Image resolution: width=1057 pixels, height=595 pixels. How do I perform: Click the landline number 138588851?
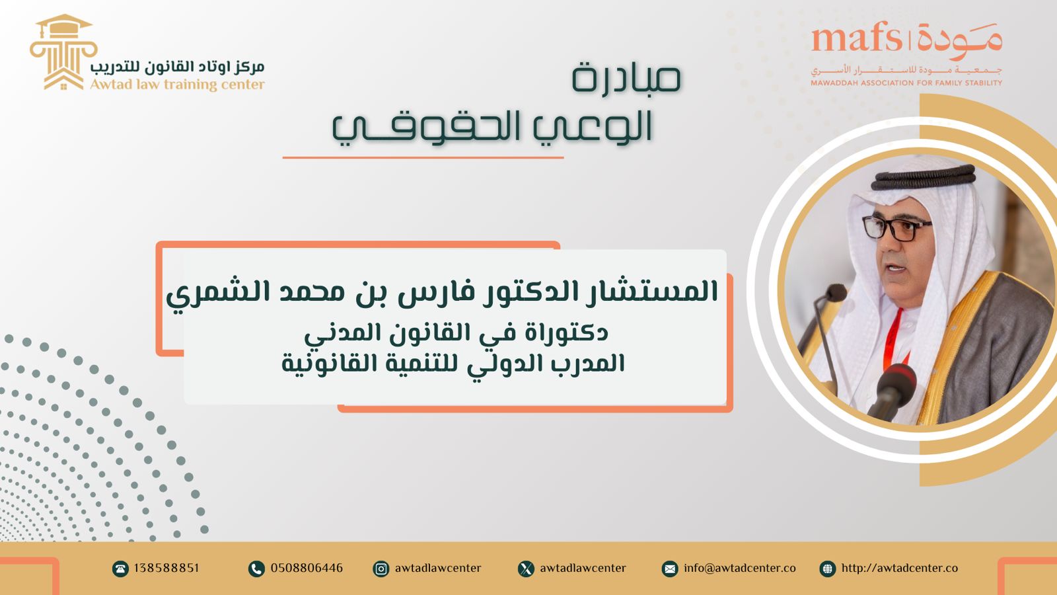[x=166, y=568]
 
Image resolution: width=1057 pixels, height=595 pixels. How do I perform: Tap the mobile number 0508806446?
[x=307, y=568]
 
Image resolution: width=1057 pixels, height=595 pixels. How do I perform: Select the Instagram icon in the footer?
[x=381, y=569]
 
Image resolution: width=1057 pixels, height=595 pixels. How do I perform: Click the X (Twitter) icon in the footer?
[x=526, y=569]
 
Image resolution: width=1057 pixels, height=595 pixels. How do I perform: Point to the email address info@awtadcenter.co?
[x=739, y=568]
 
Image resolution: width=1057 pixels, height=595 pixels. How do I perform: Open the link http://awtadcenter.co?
[x=899, y=568]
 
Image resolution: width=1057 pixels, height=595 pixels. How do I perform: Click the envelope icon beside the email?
[x=670, y=569]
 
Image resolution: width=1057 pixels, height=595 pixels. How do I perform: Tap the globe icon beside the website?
[x=827, y=569]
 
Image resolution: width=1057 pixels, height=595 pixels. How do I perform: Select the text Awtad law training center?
[x=178, y=85]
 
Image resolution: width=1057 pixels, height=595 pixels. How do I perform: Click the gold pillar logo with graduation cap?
[x=63, y=52]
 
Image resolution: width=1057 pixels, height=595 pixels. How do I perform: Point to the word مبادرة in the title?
[x=627, y=77]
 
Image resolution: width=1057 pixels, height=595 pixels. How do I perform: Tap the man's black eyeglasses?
[x=896, y=229]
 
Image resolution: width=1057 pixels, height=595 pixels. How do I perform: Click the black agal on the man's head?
[x=922, y=177]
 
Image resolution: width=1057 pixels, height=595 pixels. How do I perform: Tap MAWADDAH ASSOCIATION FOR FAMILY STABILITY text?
[x=906, y=83]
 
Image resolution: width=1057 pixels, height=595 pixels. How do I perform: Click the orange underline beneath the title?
[x=423, y=157]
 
